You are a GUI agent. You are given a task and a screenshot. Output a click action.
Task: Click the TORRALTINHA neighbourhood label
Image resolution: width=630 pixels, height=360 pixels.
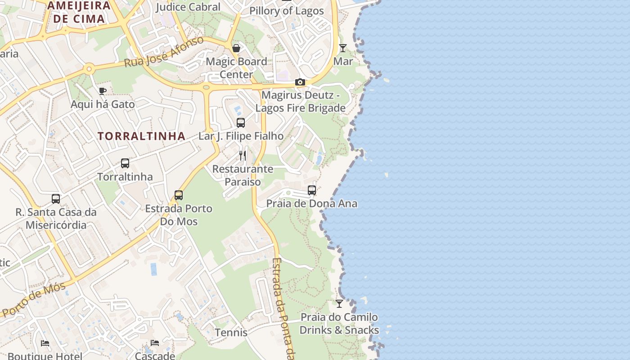pyautogui.click(x=141, y=136)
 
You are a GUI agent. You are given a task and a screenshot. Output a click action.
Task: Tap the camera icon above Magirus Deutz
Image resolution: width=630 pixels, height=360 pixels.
pyautogui.click(x=300, y=82)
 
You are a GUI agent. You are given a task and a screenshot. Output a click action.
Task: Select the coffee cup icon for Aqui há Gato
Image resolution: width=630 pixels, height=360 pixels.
pyautogui.click(x=103, y=91)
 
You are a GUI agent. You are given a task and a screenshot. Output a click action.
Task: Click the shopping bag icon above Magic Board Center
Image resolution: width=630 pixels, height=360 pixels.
pyautogui.click(x=236, y=48)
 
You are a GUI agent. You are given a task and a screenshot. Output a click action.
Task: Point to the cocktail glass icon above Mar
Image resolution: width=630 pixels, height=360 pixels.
pyautogui.click(x=343, y=48)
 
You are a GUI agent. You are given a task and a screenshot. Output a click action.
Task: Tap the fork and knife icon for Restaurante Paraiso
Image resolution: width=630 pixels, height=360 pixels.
pyautogui.click(x=243, y=156)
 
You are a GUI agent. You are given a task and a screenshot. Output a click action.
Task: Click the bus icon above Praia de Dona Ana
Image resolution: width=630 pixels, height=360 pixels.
pyautogui.click(x=312, y=190)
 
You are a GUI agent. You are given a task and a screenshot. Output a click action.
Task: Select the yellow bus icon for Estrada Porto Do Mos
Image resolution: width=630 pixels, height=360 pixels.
pyautogui.click(x=179, y=195)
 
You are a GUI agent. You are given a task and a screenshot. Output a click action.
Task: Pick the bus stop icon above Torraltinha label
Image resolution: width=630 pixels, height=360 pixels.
pyautogui.click(x=125, y=163)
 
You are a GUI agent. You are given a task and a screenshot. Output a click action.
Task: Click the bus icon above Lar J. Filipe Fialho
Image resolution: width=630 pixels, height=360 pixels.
pyautogui.click(x=241, y=122)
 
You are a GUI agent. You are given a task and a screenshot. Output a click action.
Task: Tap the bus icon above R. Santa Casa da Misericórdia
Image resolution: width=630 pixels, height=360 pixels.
pyautogui.click(x=56, y=198)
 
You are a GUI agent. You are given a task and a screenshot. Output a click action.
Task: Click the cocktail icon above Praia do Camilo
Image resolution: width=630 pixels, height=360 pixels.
pyautogui.click(x=339, y=304)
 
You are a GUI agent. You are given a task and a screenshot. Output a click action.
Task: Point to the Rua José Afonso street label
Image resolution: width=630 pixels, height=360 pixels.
pyautogui.click(x=164, y=52)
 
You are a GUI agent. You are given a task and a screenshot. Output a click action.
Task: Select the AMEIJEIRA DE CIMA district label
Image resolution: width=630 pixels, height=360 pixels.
pyautogui.click(x=79, y=12)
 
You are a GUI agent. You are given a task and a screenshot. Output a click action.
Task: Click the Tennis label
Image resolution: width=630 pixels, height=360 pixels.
pyautogui.click(x=231, y=333)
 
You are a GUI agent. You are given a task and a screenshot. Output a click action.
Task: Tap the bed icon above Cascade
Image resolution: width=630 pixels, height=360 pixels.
pyautogui.click(x=155, y=343)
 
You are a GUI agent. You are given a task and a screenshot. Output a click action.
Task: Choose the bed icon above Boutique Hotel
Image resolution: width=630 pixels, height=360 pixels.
pyautogui.click(x=45, y=343)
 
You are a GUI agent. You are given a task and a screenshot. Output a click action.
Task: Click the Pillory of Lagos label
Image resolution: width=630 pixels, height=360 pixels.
pyautogui.click(x=287, y=11)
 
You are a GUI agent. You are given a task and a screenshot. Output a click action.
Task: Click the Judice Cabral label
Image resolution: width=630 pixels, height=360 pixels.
pyautogui.click(x=188, y=7)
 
